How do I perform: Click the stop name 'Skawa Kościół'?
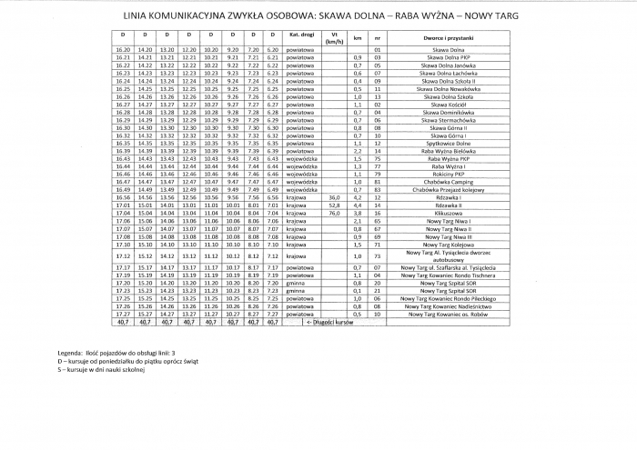point(445,105)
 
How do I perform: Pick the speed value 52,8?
point(333,205)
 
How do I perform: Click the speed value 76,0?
point(333,212)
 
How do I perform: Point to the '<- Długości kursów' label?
point(329,321)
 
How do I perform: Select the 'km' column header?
point(358,37)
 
